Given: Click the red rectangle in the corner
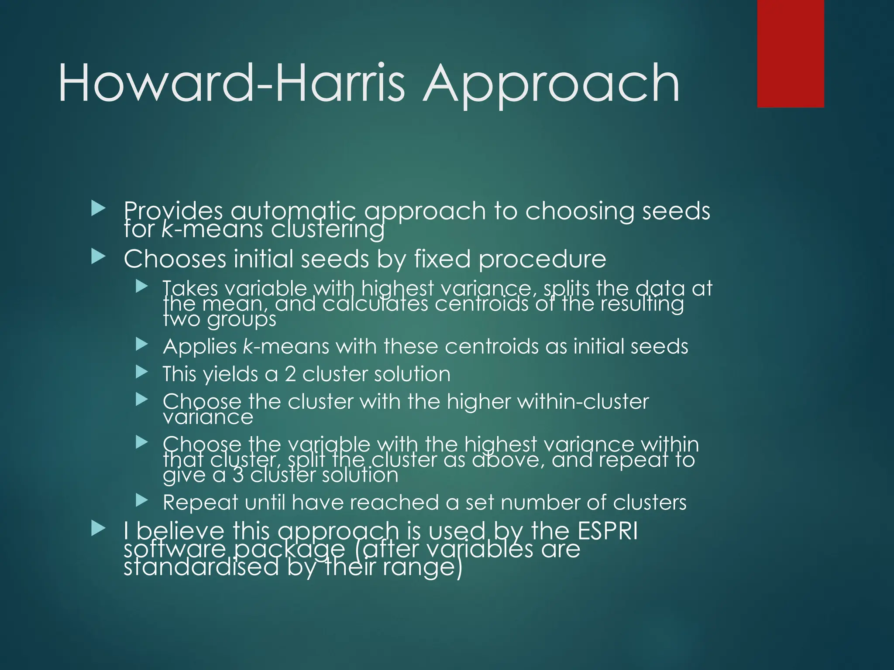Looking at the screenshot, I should point(790,53).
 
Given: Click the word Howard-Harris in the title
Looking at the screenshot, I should point(231,83).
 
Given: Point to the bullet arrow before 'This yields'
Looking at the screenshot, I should point(142,372).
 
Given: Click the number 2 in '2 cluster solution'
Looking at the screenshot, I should point(290,374).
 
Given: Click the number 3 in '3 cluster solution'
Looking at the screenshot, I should point(238,475).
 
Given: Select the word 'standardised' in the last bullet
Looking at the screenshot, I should point(201,567).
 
